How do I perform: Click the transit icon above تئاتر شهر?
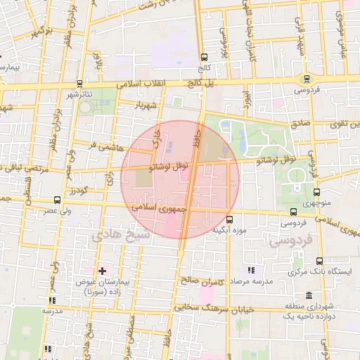[79, 83]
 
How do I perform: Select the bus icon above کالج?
[203, 58]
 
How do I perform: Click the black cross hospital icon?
[103, 270]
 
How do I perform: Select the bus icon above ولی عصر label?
[57, 200]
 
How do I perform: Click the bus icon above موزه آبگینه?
[229, 219]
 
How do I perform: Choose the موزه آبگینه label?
[229, 230]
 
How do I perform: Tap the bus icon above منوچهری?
[316, 191]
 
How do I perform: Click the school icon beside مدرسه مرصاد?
[251, 270]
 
